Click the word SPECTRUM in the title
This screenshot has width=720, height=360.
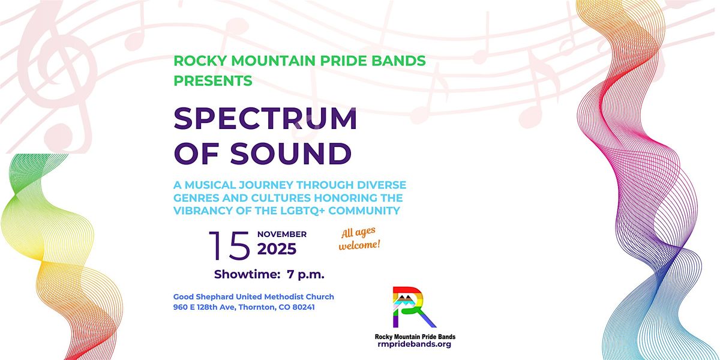click(x=265, y=119)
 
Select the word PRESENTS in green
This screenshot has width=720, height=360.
click(x=213, y=80)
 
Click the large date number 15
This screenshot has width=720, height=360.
click(x=229, y=245)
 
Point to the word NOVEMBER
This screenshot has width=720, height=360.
click(x=282, y=234)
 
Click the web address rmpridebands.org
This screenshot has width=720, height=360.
click(x=415, y=344)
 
